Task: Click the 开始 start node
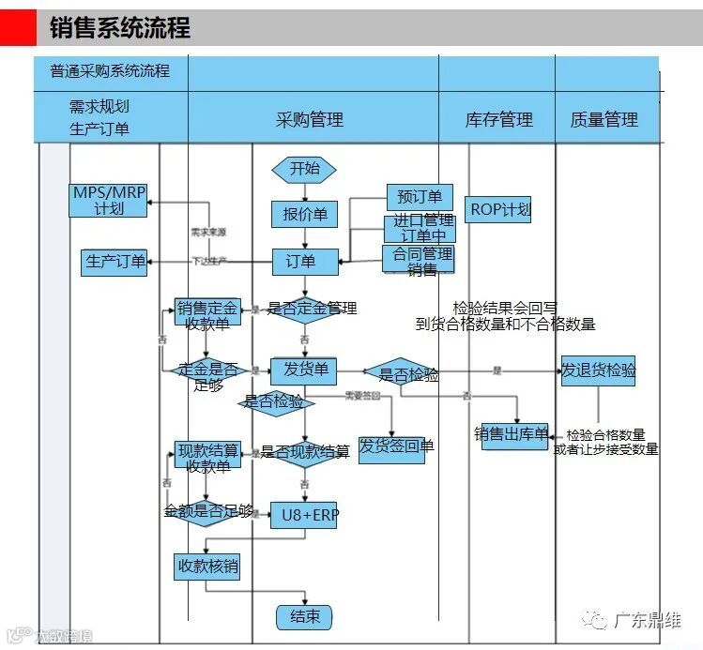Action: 304,169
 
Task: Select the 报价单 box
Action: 304,215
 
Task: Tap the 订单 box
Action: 305,262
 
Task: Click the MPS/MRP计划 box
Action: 109,200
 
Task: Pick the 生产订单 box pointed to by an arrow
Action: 115,262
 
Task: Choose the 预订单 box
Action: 420,197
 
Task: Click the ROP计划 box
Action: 499,210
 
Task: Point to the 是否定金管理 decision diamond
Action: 304,309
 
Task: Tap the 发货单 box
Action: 303,371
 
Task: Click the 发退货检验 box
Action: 598,370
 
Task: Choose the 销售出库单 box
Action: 514,434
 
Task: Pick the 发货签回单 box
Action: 391,446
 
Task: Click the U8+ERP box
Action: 303,514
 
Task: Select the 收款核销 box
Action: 207,567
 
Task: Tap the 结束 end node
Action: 304,616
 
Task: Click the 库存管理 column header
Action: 498,119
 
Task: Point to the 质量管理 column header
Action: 604,119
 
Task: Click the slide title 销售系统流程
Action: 119,28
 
